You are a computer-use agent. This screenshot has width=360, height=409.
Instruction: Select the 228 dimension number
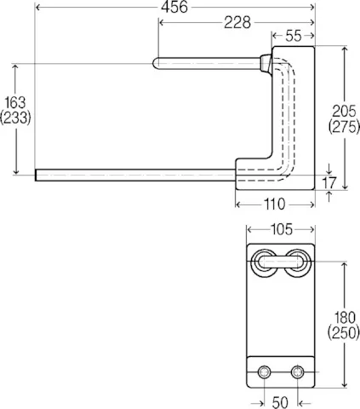pos(218,23)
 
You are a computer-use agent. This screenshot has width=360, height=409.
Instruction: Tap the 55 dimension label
pos(293,37)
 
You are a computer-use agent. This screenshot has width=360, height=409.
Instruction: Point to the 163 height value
pos(15,104)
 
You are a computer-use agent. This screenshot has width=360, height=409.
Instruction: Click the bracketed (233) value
pos(15,120)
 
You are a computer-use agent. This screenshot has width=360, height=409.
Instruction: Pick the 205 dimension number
pos(343,112)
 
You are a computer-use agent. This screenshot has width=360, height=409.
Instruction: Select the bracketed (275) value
pos(343,127)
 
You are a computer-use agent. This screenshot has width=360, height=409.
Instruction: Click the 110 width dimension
pos(274,204)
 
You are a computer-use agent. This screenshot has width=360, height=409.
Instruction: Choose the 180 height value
pos(343,314)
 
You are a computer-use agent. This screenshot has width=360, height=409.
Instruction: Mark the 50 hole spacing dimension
pos(281,400)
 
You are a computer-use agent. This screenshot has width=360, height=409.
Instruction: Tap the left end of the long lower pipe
pos(38,176)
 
